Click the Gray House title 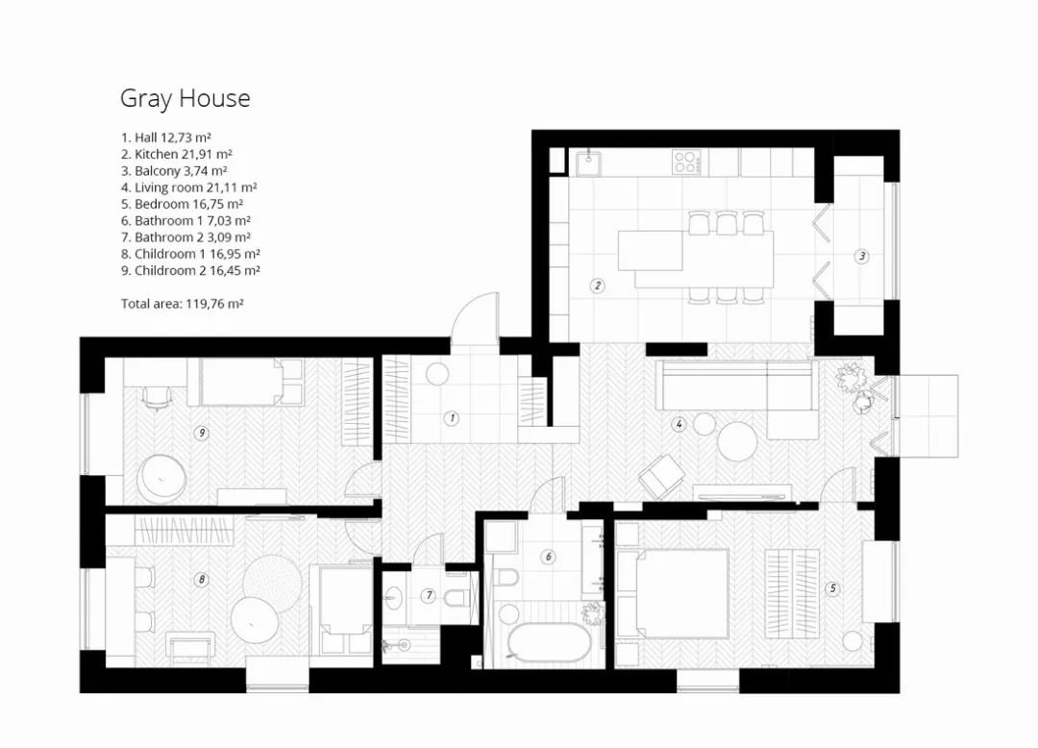click(x=185, y=99)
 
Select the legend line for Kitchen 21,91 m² click(x=176, y=154)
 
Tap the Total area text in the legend click(x=182, y=304)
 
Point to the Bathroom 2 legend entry click(x=185, y=237)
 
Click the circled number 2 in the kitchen click(x=598, y=286)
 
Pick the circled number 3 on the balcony click(x=862, y=256)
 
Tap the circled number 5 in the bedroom click(x=832, y=587)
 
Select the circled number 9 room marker click(x=201, y=433)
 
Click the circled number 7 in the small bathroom click(x=429, y=596)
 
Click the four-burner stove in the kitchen click(x=686, y=162)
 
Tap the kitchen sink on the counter click(x=588, y=162)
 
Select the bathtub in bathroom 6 click(x=549, y=642)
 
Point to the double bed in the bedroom click(x=673, y=593)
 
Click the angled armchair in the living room click(x=661, y=477)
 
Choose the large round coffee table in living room click(x=737, y=441)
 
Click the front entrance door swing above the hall click(x=474, y=318)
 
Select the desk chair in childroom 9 click(x=157, y=397)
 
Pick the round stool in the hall click(x=437, y=374)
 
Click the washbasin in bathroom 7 click(x=394, y=597)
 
